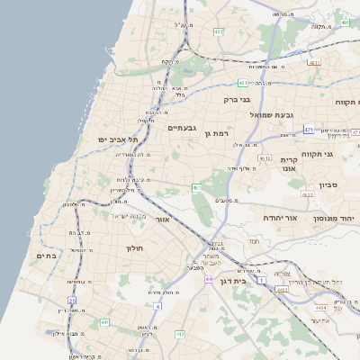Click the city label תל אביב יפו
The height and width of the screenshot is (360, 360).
pyautogui.click(x=120, y=139)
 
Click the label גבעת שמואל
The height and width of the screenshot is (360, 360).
pyautogui.click(x=270, y=114)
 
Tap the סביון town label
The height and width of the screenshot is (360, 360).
pyautogui.click(x=328, y=184)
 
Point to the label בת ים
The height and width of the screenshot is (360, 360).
pyautogui.click(x=46, y=256)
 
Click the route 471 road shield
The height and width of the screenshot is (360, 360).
pyautogui.click(x=309, y=130)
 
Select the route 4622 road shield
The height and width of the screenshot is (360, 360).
pyautogui.click(x=307, y=193)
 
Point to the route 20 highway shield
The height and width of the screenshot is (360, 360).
pyautogui.click(x=72, y=299)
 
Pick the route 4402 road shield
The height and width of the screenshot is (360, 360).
pyautogui.click(x=283, y=290)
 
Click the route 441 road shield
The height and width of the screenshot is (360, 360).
pyautogui.click(x=104, y=321)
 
